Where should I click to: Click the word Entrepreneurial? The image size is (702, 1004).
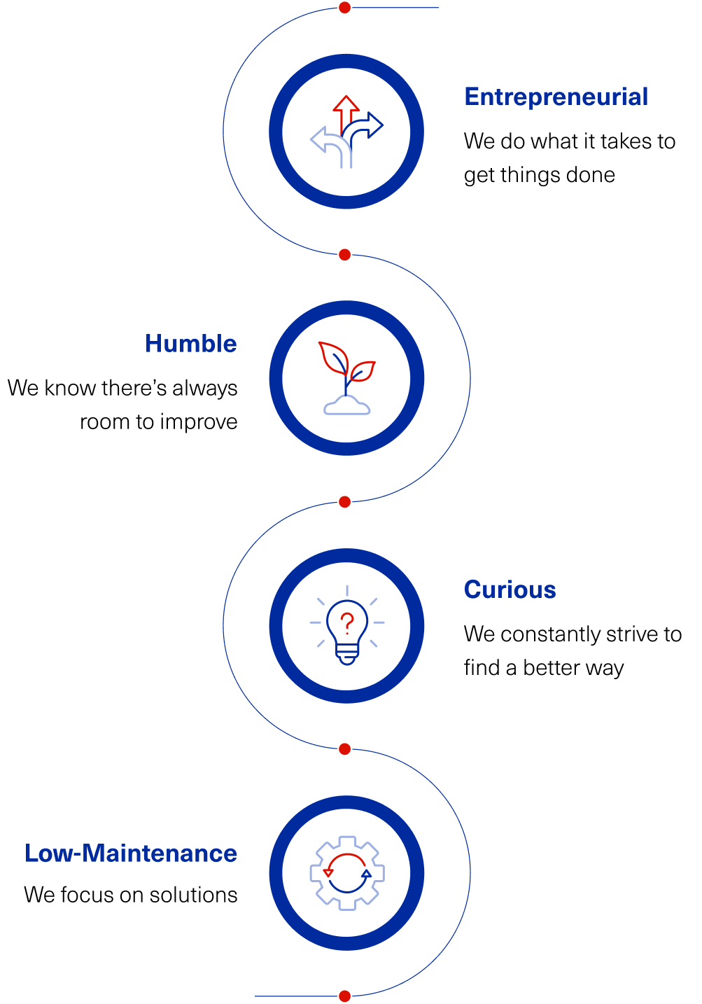(x=556, y=97)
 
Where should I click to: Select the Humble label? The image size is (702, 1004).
(x=191, y=344)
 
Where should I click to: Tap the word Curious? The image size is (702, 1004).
(x=510, y=590)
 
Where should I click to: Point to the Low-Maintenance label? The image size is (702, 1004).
(x=131, y=853)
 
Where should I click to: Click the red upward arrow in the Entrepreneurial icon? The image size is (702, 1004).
(x=346, y=109)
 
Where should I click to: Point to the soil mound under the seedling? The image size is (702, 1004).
(x=346, y=406)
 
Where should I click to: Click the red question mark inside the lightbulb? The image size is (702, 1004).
(x=346, y=622)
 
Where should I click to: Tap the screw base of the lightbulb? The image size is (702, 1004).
(x=346, y=656)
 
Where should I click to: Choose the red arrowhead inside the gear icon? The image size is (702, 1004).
(x=328, y=872)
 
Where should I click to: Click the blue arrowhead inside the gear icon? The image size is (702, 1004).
(x=366, y=873)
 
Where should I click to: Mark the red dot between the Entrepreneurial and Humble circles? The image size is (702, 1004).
(x=344, y=255)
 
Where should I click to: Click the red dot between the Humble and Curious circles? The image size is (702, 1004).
(x=344, y=502)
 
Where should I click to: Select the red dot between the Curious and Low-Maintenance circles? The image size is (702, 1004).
(x=344, y=749)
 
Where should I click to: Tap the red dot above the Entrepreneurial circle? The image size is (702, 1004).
(x=344, y=8)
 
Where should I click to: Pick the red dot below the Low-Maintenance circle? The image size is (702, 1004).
(x=344, y=996)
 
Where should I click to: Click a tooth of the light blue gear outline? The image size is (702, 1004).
(x=346, y=841)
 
